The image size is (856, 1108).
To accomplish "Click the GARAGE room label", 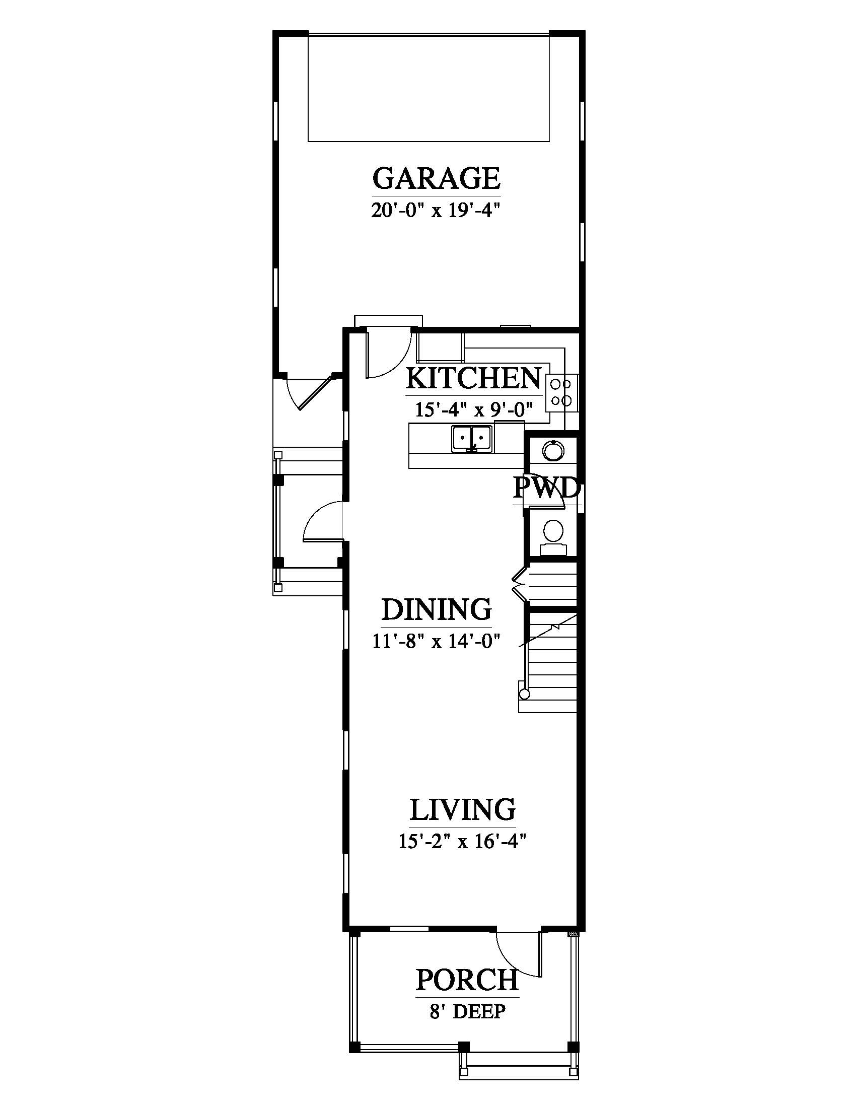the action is pos(437,178).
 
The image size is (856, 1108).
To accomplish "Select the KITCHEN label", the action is pos(474,378).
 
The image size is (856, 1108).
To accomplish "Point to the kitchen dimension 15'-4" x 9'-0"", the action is pos(474,409).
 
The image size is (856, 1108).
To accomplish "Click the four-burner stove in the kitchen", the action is pos(561,393).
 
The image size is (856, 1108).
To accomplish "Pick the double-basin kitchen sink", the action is pos(472,438).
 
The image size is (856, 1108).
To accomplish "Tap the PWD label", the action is pos(547,488).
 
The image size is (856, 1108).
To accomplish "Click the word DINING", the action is pos(437,609).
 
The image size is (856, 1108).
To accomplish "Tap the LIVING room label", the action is pos(462,810).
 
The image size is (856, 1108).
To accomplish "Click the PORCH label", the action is pos(467,980).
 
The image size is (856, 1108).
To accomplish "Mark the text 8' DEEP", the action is pos(468,1012).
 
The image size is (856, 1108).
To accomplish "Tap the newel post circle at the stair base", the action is pos(525,694).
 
